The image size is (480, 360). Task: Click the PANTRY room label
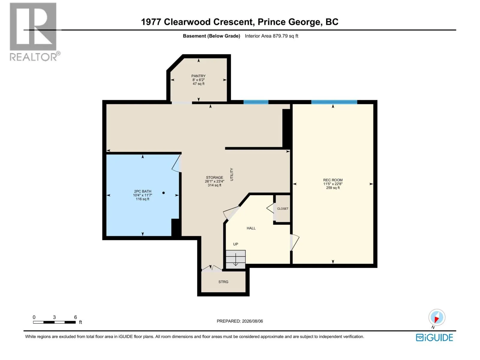(198, 76)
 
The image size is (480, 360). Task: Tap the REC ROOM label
(333, 180)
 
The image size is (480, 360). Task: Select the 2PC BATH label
(142, 191)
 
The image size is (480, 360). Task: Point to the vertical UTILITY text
(232, 174)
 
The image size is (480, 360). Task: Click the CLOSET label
(283, 208)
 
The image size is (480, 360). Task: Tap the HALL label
(251, 228)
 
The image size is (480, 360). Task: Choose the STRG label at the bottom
(223, 282)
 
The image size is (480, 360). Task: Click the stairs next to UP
(235, 259)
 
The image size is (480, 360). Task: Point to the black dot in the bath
(163, 193)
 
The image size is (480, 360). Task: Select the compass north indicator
(437, 317)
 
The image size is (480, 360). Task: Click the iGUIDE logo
(434, 337)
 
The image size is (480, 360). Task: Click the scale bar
(55, 322)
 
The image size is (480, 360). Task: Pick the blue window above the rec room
(334, 102)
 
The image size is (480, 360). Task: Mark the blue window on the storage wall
(256, 102)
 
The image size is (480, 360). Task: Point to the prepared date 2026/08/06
(252, 321)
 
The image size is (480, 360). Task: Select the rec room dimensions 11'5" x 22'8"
(333, 184)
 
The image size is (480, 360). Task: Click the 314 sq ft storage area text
(214, 185)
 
